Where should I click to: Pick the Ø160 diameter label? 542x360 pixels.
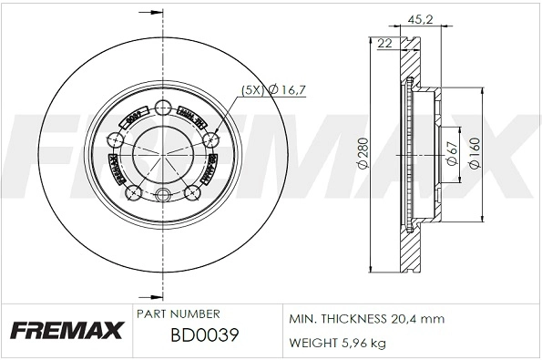(x=474, y=154)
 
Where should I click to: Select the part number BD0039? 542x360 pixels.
(x=204, y=335)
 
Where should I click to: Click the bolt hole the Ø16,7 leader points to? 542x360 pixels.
(x=211, y=139)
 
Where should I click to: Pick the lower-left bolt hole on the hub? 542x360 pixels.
(x=133, y=192)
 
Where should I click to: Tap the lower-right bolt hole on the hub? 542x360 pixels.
(x=192, y=192)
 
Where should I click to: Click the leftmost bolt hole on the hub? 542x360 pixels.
(x=116, y=139)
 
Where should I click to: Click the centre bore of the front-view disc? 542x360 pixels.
(x=163, y=151)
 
